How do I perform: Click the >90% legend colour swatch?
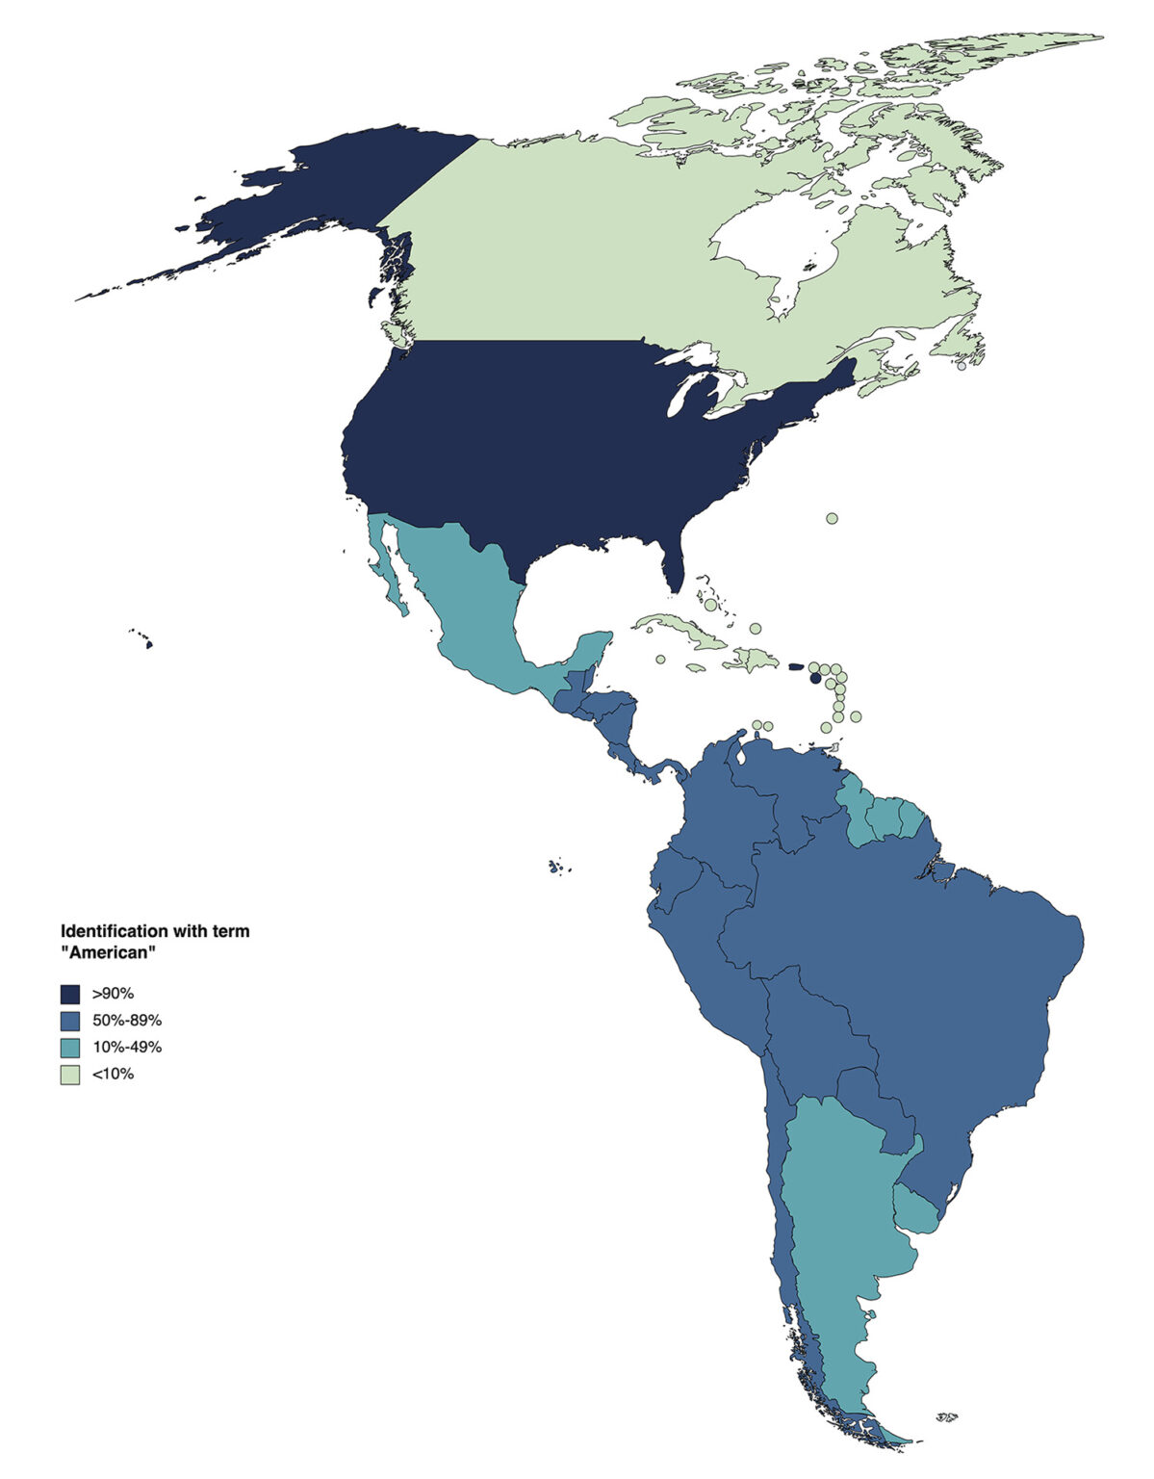pyautogui.click(x=70, y=993)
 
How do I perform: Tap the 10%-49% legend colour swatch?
pyautogui.click(x=70, y=1047)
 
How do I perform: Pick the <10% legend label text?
pyautogui.click(x=113, y=1074)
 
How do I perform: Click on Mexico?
pyautogui.click(x=462, y=597)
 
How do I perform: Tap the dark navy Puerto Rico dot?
pyautogui.click(x=816, y=678)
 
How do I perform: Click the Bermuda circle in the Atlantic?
pyautogui.click(x=832, y=518)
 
